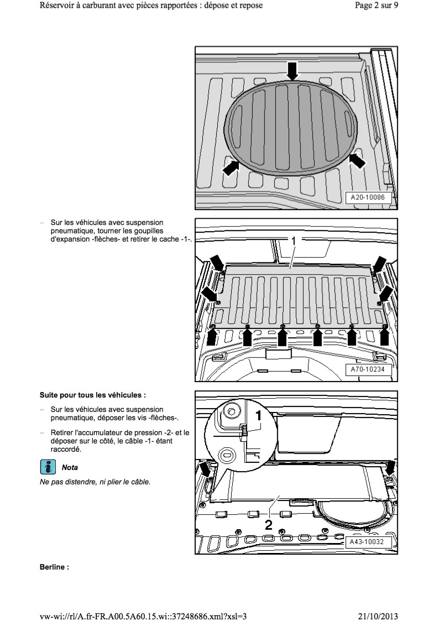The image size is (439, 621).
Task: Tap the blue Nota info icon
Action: (48, 467)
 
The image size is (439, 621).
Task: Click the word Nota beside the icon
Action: (70, 467)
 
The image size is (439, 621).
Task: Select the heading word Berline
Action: (54, 567)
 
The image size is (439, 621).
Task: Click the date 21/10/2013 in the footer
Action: (374, 616)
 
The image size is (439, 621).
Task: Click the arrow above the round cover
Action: (292, 71)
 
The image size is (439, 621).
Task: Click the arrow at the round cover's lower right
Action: (358, 160)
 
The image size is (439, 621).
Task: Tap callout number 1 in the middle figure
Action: (294, 241)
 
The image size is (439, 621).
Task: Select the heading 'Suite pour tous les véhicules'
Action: (92, 395)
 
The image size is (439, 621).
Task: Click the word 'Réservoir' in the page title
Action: (58, 6)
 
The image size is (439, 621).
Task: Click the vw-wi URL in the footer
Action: (143, 616)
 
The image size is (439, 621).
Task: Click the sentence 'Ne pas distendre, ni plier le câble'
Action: (95, 482)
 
